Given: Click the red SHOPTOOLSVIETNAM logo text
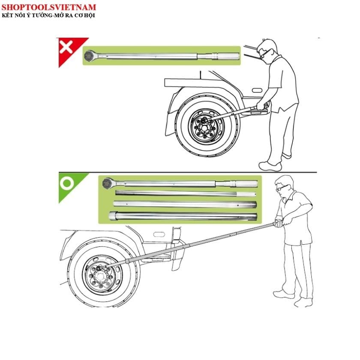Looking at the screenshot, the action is (49, 7).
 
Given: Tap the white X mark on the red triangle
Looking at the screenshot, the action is (66, 47).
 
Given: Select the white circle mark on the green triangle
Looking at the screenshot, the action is (67, 183).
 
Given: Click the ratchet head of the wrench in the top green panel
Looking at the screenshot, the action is (89, 56).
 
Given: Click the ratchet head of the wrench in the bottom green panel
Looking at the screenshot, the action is (108, 183).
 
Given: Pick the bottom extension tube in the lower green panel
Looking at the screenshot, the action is (183, 216).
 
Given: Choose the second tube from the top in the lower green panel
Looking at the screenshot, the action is (186, 193).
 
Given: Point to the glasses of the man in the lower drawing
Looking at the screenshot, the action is (281, 188).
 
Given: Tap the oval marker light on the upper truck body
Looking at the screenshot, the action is (257, 90).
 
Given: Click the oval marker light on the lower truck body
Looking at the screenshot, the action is (159, 234).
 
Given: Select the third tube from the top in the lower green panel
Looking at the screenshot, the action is (185, 204).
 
